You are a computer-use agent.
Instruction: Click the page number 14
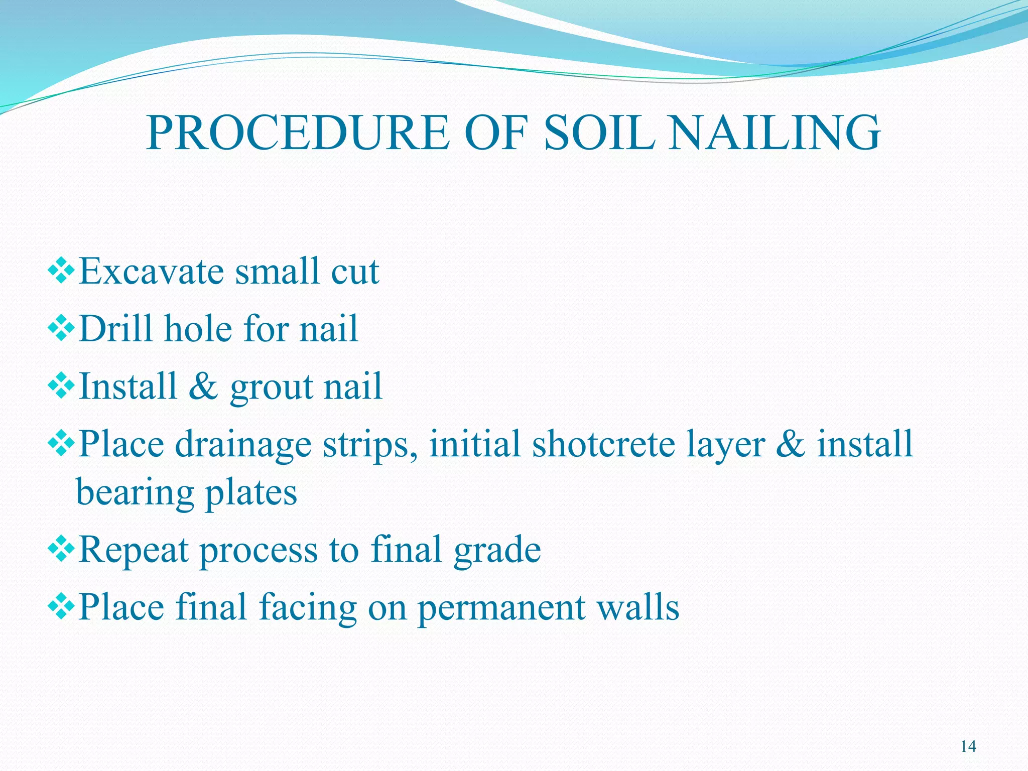pos(968,747)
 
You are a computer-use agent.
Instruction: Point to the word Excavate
pos(151,272)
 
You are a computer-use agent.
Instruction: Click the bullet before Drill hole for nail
pos(61,330)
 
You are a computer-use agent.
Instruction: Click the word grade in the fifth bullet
pos(497,551)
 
